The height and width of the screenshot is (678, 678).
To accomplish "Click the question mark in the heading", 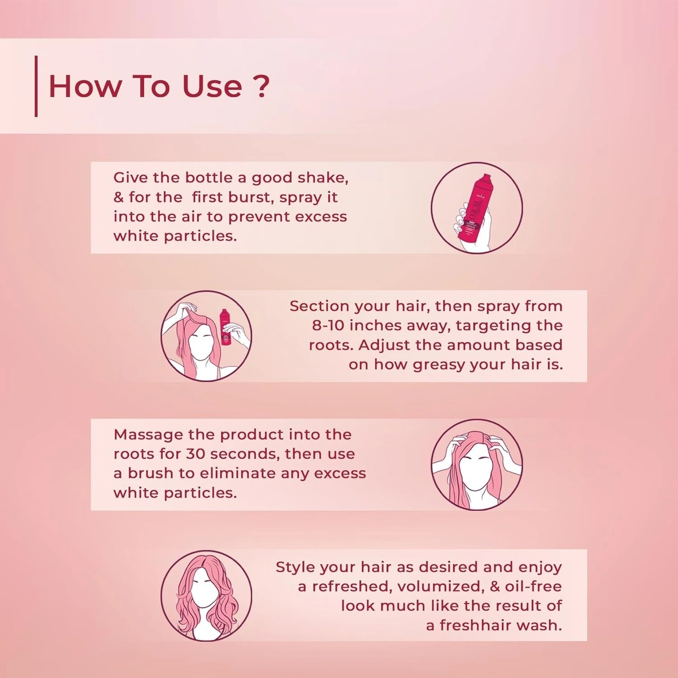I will (x=259, y=86).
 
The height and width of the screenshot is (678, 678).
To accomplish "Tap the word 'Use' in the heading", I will (x=211, y=86).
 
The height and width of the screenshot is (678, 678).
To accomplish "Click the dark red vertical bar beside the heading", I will (x=36, y=86).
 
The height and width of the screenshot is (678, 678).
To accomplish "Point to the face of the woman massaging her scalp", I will (x=476, y=472).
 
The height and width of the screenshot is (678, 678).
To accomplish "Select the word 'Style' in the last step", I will (x=295, y=567).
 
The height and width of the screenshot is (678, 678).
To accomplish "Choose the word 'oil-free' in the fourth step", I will (x=533, y=586).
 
